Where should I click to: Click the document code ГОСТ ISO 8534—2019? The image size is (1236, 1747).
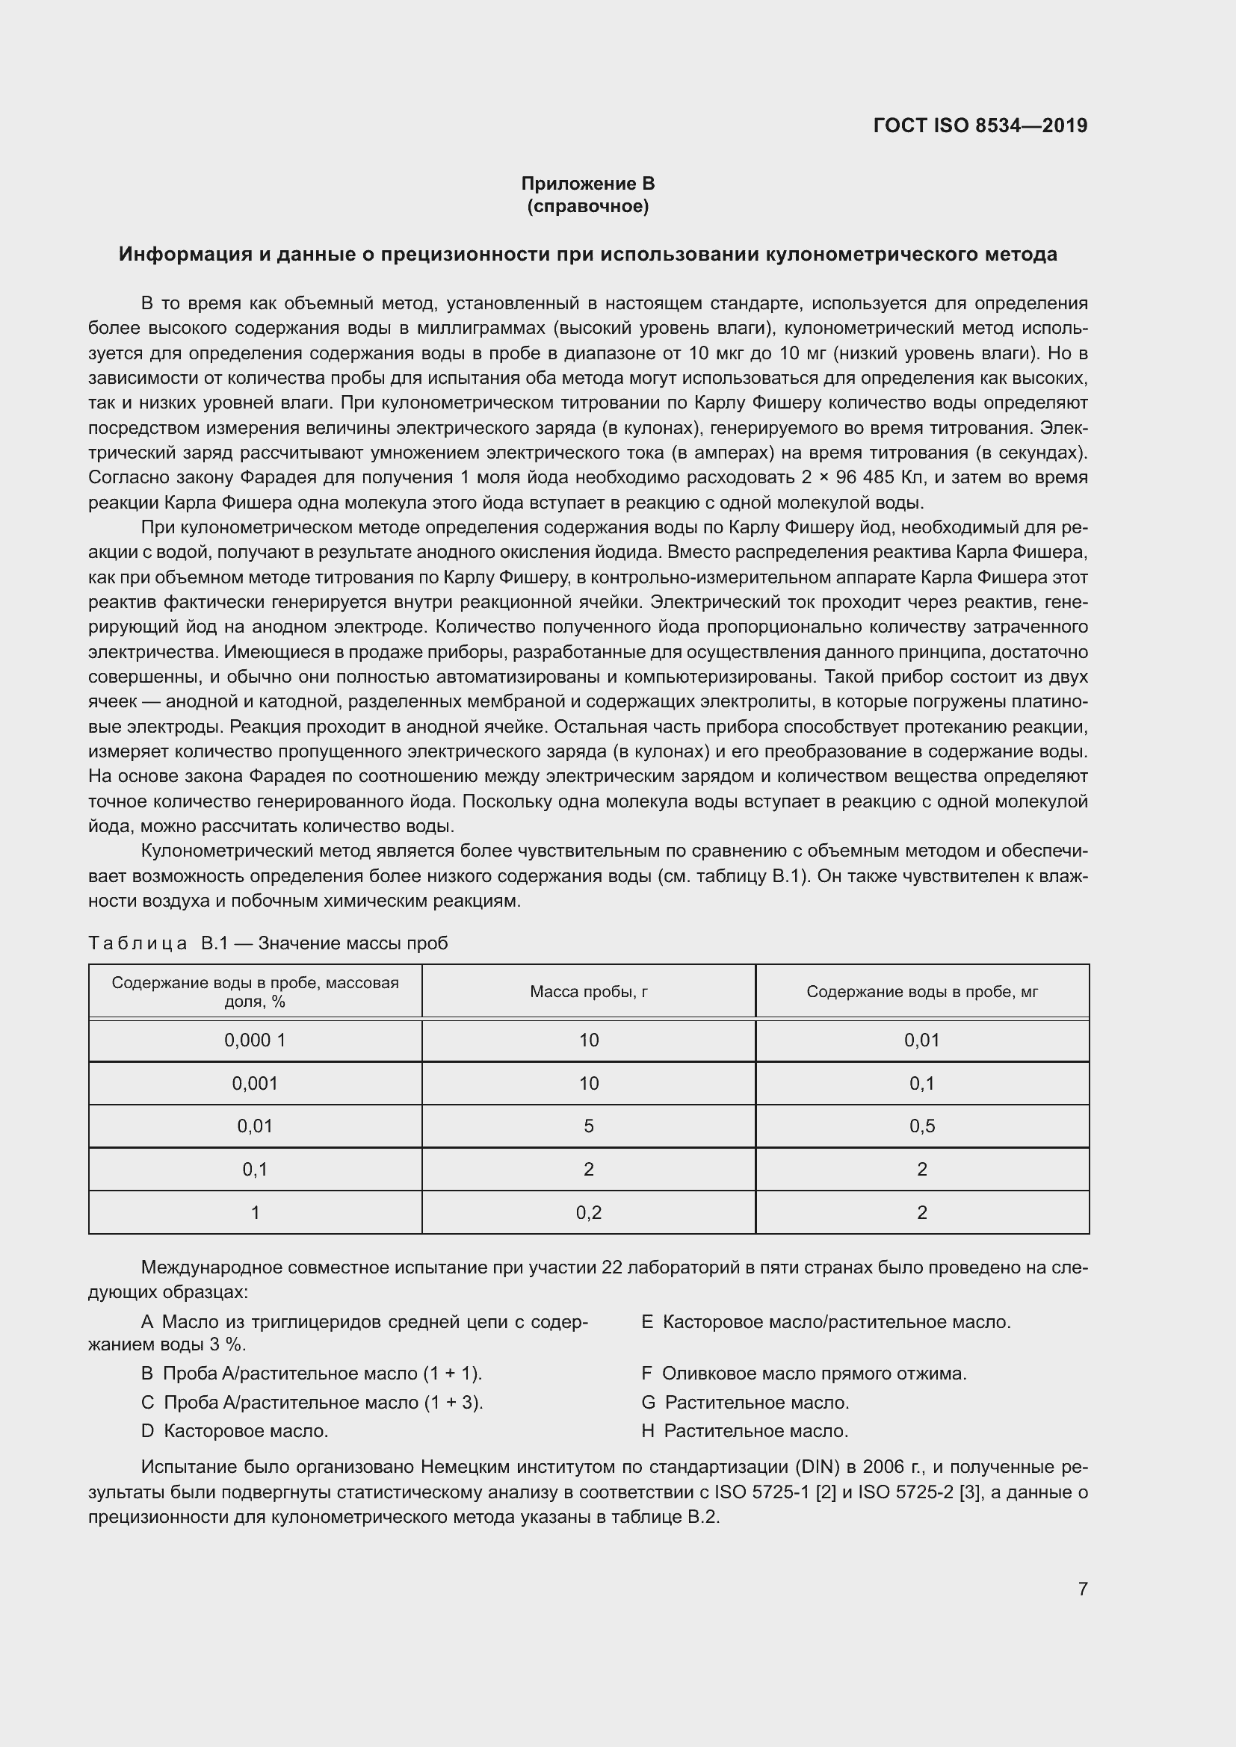pyautogui.click(x=980, y=125)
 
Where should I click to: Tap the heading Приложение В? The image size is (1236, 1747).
pyautogui.click(x=587, y=184)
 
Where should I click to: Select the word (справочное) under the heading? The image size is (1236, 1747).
pyautogui.click(x=587, y=206)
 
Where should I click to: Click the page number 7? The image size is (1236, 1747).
pyautogui.click(x=1082, y=1589)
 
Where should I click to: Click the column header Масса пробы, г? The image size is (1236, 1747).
pyautogui.click(x=588, y=991)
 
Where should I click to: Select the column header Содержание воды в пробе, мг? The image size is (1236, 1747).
pyautogui.click(x=921, y=991)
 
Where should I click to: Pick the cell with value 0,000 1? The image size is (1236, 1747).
pyautogui.click(x=255, y=1040)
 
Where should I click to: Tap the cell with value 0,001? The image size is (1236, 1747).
pyautogui.click(x=255, y=1083)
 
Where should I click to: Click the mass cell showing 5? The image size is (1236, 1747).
pyautogui.click(x=588, y=1126)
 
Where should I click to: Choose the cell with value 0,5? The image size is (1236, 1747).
pyautogui.click(x=921, y=1126)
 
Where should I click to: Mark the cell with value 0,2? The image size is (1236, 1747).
pyautogui.click(x=588, y=1213)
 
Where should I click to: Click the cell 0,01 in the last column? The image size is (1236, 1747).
pyautogui.click(x=921, y=1040)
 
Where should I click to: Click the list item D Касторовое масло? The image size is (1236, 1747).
pyautogui.click(x=235, y=1431)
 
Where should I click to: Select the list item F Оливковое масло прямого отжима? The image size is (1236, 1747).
pyautogui.click(x=804, y=1374)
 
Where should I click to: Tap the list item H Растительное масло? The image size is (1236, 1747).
pyautogui.click(x=744, y=1431)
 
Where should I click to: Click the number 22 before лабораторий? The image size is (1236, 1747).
pyautogui.click(x=612, y=1267)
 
